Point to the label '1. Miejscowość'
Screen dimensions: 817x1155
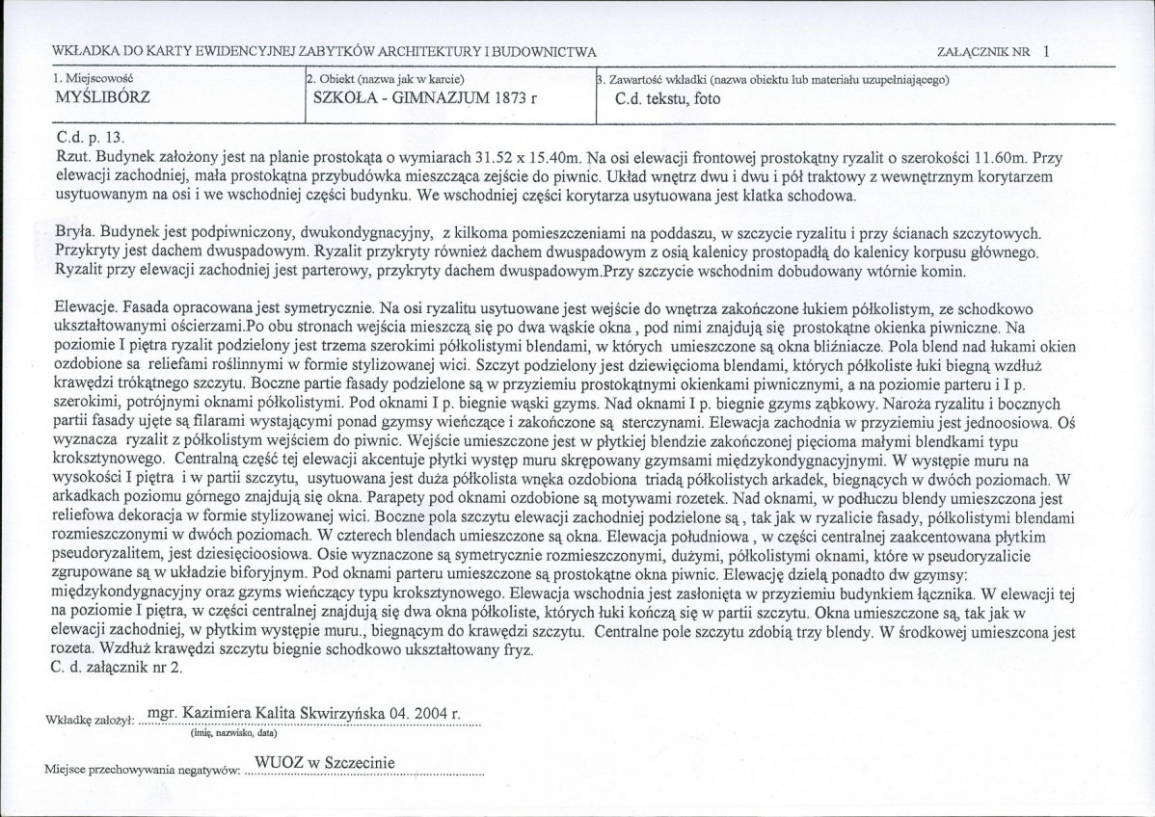93,78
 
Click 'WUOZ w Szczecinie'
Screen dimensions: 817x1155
323,764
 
